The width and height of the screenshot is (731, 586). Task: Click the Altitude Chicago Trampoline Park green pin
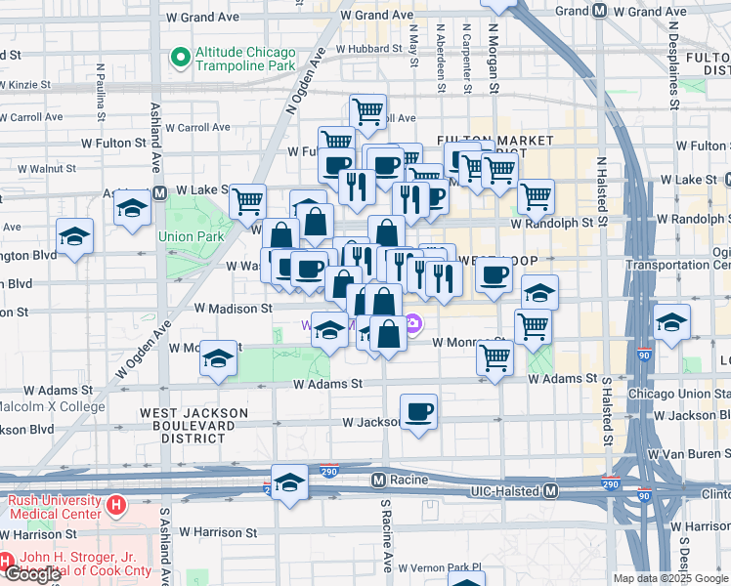coord(180,58)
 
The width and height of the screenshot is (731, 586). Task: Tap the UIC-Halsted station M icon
coord(551,489)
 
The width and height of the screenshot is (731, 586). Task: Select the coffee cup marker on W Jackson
coord(419,410)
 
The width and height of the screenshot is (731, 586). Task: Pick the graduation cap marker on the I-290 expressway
coord(289,482)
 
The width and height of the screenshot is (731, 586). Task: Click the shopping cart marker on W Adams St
coord(495,358)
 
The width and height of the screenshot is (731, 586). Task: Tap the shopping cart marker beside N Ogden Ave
coord(248,201)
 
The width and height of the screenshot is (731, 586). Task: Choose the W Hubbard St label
coord(369,48)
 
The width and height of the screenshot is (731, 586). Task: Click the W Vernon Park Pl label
coord(444,566)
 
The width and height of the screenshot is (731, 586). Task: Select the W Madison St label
coord(233,308)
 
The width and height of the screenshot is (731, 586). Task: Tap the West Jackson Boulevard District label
coord(187,426)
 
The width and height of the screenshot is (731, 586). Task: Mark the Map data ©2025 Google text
coord(670,578)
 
